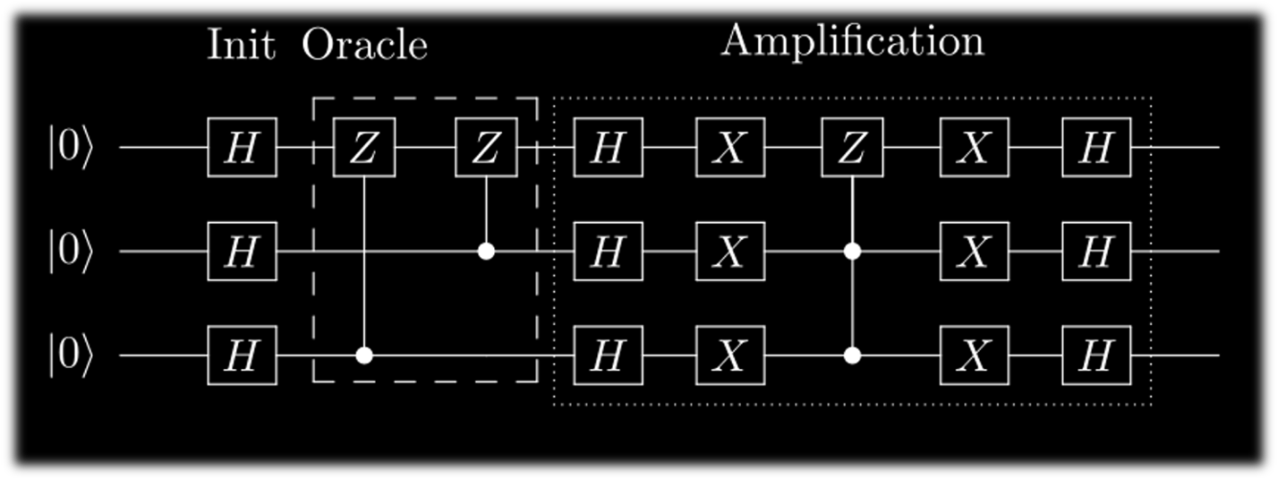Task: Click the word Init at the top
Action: [x=241, y=45]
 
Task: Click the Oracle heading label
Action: [x=364, y=45]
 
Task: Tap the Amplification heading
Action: [x=852, y=41]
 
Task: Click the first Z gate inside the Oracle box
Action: [x=363, y=148]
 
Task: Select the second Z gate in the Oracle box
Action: [x=486, y=148]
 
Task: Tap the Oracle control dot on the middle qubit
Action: [x=486, y=252]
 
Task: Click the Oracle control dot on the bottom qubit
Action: [x=363, y=356]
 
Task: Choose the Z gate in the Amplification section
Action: [x=852, y=148]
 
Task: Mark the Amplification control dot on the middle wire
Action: [x=852, y=252]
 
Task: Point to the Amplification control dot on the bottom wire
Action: [x=852, y=356]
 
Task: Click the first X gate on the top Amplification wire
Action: [x=730, y=148]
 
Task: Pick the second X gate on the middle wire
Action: [x=974, y=253]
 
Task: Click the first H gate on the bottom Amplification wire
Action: [x=608, y=356]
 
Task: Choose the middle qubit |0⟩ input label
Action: [x=70, y=253]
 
